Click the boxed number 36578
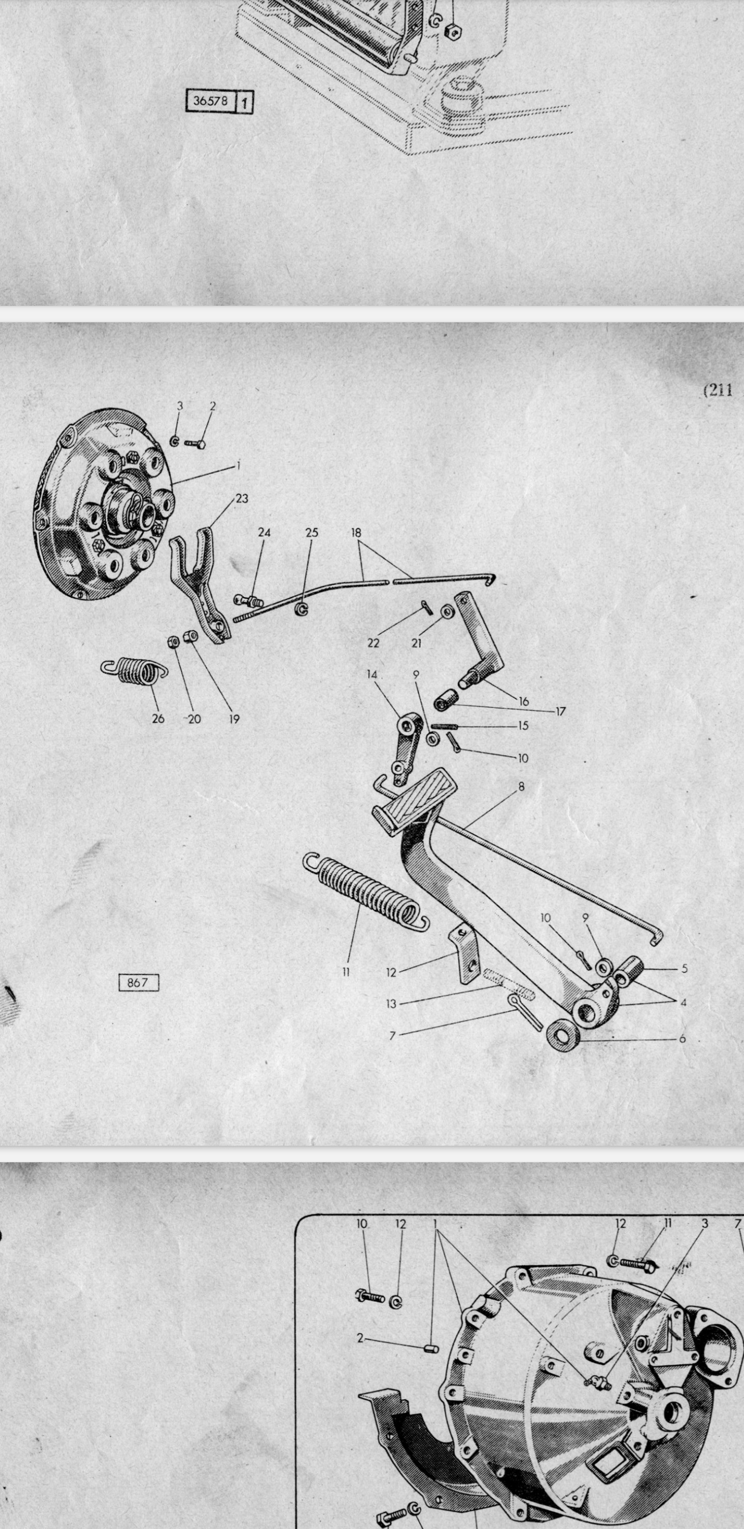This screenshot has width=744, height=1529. [x=210, y=100]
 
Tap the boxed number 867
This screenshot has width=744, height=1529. [x=138, y=982]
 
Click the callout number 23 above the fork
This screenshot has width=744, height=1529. [x=242, y=498]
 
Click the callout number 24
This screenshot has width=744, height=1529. [x=264, y=533]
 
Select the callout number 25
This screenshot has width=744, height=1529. [x=312, y=533]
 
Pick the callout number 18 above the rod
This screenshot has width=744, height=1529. [x=355, y=533]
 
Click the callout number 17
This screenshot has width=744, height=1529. [x=561, y=711]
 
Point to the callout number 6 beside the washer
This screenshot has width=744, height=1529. [x=682, y=1038]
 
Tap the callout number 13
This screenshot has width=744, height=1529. [x=391, y=1004]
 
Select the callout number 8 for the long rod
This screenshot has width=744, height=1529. [x=521, y=787]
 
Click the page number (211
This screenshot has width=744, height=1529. [x=718, y=390]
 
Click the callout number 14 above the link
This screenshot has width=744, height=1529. [x=371, y=674]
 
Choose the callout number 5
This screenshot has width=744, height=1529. [x=684, y=969]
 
